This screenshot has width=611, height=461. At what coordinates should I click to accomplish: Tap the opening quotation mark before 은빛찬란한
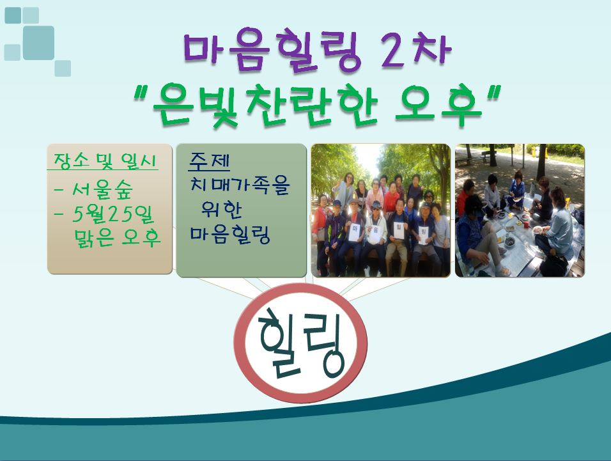pyautogui.click(x=140, y=94)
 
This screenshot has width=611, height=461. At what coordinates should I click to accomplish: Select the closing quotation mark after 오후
pyautogui.click(x=493, y=93)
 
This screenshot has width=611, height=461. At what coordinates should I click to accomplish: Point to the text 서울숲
pyautogui.click(x=102, y=190)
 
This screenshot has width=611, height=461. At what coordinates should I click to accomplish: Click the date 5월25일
pyautogui.click(x=113, y=214)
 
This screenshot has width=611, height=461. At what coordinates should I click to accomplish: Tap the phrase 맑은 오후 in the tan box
pyautogui.click(x=117, y=237)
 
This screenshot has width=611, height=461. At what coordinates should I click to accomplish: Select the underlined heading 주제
pyautogui.click(x=209, y=161)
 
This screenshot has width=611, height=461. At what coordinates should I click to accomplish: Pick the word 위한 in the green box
pyautogui.click(x=221, y=209)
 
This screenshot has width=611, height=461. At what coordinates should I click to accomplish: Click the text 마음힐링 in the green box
pyautogui.click(x=230, y=234)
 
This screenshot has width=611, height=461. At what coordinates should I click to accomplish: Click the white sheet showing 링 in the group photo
pyautogui.click(x=424, y=235)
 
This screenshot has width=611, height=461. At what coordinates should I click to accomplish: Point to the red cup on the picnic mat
pyautogui.click(x=525, y=224)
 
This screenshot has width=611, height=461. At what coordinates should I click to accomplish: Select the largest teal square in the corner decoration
pyautogui.click(x=38, y=43)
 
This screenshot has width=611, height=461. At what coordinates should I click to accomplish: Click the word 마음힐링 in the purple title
pyautogui.click(x=273, y=51)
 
